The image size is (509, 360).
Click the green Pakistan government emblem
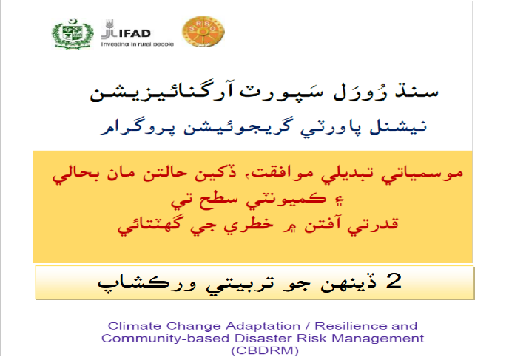[73, 34]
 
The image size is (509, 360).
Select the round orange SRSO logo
[203, 32]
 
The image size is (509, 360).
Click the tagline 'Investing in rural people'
[138, 44]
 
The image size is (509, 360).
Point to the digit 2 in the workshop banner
[394, 281]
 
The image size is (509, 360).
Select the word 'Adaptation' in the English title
[263, 326]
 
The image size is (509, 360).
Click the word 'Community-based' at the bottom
[165, 339]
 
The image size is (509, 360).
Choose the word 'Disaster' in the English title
[263, 339]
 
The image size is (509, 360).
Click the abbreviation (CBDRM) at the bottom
[265, 351]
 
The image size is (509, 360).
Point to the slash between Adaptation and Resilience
[308, 326]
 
